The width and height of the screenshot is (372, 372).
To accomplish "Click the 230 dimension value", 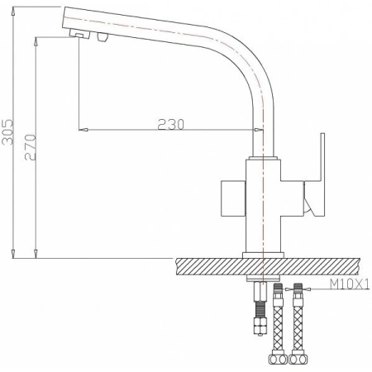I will (169, 123).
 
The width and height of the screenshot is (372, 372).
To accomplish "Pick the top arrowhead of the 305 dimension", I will (14, 6).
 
